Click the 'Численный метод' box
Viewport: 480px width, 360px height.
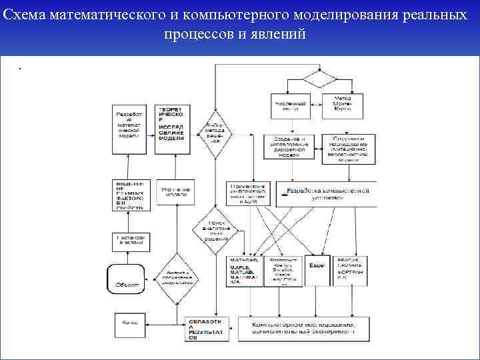pos(291,105)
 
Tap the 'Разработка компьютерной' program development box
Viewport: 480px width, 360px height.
pos(327,193)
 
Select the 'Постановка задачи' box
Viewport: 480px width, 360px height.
pos(130,241)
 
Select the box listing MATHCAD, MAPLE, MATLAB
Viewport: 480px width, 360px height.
pos(245,271)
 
